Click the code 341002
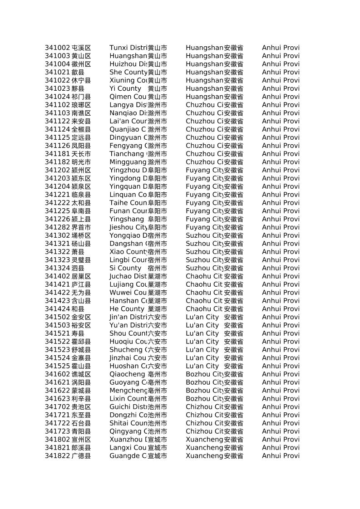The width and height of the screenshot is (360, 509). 57,48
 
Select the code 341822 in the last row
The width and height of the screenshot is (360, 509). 57,456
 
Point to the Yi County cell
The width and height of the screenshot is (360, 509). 125,88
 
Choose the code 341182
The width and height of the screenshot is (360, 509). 57,162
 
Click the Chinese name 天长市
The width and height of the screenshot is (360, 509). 81,154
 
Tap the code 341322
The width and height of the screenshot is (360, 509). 57,252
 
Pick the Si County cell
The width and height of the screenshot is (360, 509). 125,268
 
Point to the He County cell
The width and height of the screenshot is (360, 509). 127,309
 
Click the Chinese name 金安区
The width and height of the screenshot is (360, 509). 81,317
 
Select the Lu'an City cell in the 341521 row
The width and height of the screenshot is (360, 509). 202,333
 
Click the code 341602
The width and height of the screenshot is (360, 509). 57,374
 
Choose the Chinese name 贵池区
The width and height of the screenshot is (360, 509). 81,407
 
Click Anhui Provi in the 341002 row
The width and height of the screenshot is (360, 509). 281,48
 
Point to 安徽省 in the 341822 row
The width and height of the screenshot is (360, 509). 233,456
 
